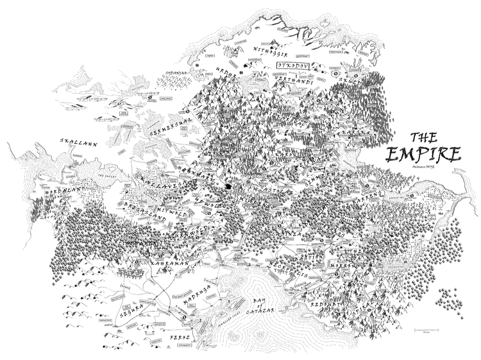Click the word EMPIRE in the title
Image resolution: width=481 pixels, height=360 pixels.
point(424,154)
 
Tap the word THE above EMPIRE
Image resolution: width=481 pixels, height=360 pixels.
point(424,137)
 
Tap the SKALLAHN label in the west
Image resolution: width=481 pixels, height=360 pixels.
point(77,142)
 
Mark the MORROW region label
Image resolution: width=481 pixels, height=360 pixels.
point(341,265)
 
